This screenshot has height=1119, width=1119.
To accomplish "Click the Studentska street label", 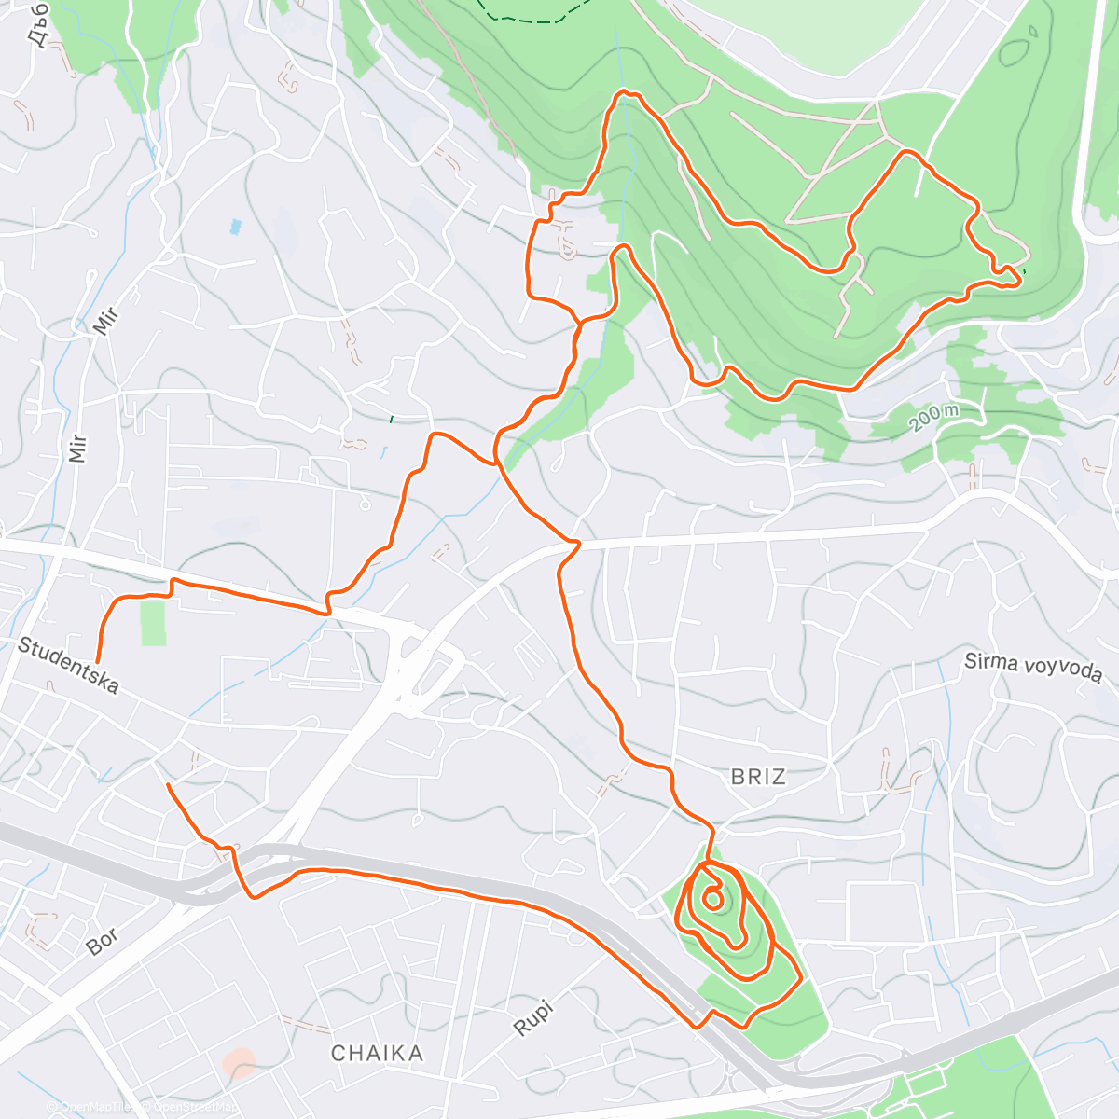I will click(68, 666).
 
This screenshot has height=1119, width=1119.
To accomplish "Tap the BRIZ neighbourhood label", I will click(758, 776).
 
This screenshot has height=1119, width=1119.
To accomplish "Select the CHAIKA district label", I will click(377, 1053).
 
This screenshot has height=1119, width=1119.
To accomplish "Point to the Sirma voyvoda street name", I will click(1032, 668).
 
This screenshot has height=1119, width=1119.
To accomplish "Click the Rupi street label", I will click(533, 1018).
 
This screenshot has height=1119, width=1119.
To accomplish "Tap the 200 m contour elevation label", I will click(934, 417).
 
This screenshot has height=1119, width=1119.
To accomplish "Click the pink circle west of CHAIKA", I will click(241, 1062).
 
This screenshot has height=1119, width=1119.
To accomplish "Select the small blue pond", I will click(234, 227).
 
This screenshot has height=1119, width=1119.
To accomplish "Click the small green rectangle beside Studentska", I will click(153, 623).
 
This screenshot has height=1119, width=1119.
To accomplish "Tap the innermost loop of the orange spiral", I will click(711, 900).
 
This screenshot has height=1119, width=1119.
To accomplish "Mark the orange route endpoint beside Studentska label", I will click(97, 661).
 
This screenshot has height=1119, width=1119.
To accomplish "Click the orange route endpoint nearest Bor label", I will click(168, 786).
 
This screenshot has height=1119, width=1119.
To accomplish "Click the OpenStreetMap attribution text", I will click(190, 1107).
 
